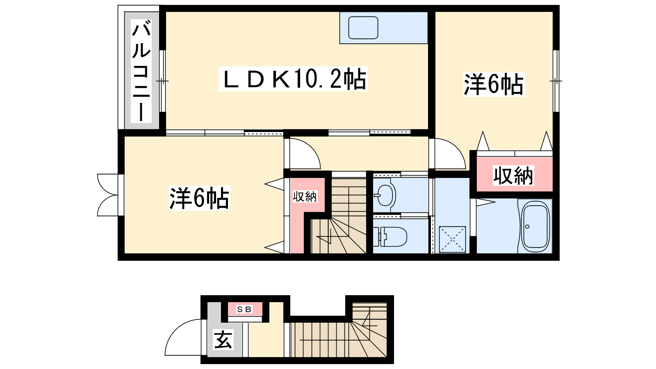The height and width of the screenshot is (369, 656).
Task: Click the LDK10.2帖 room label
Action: tap(293, 79)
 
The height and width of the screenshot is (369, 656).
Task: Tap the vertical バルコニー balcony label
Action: tap(141, 71)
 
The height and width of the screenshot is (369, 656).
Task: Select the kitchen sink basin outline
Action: tap(363, 28)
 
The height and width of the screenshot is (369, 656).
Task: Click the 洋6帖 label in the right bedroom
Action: tap(494, 84)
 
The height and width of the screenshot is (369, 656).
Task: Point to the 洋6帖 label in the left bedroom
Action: tap(199, 198)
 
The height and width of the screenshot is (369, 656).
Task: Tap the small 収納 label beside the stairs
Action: tap(305, 196)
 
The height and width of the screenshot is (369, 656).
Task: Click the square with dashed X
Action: tap(452, 239)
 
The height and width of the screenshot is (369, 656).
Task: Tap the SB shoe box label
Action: tap(244, 309)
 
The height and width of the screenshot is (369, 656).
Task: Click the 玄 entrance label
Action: tap(223, 340)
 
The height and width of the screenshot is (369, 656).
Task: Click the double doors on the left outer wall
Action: tap(108, 195)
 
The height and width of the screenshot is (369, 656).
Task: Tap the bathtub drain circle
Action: tap(527, 226)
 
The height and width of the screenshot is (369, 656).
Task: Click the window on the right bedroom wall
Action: tap(556, 81)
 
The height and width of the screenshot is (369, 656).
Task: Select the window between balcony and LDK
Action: tap(162, 81)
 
